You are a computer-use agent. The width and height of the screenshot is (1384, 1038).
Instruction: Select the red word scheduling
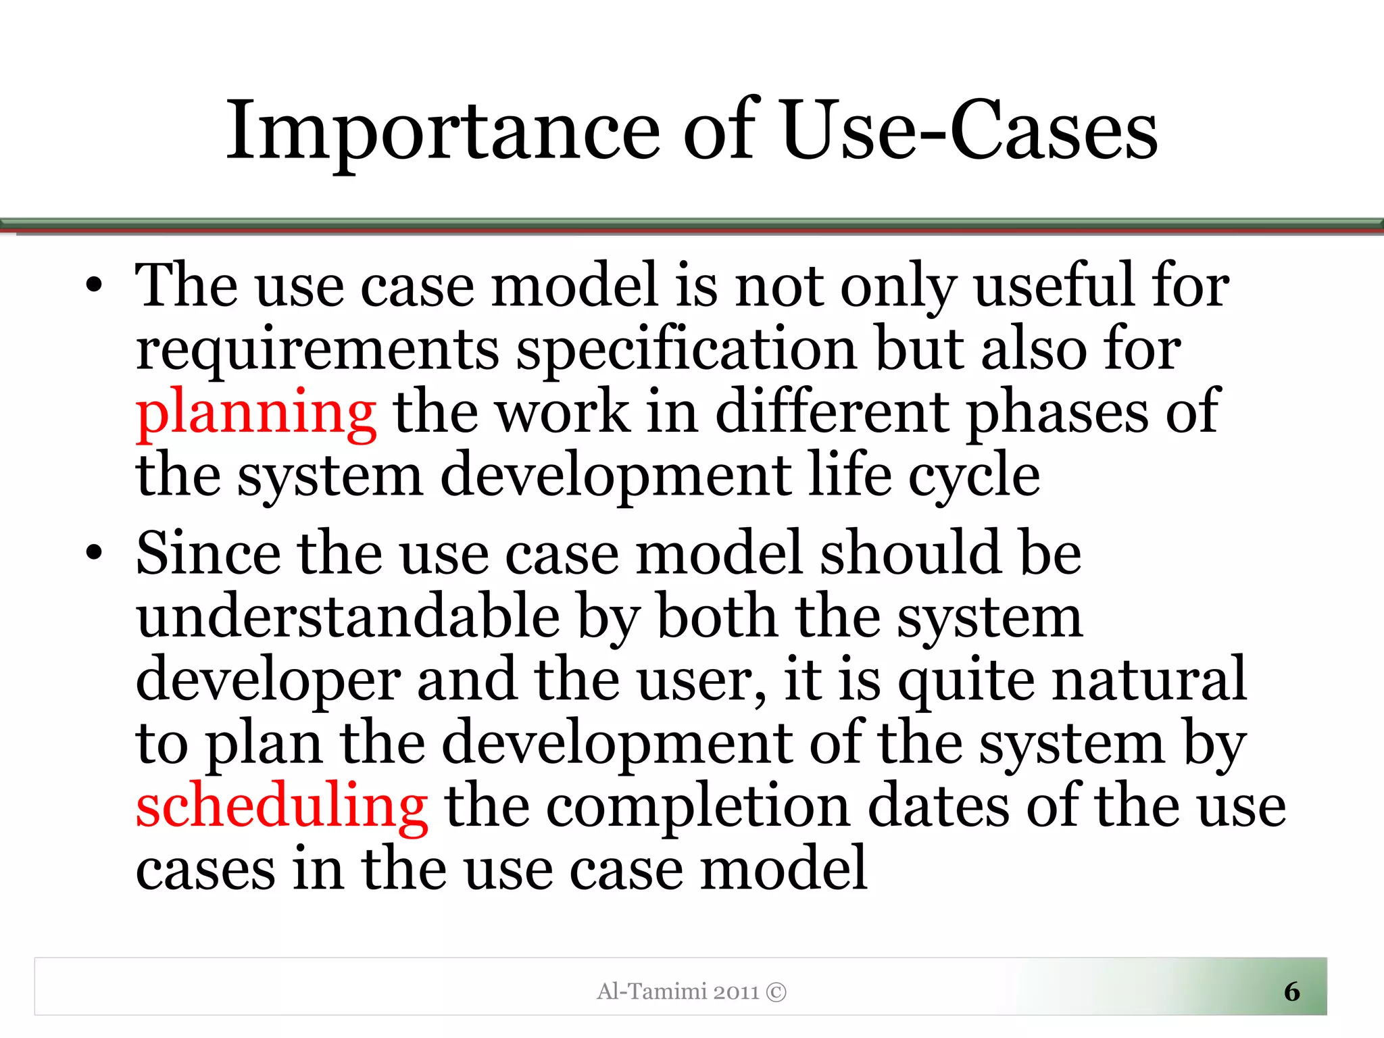pyautogui.click(x=282, y=806)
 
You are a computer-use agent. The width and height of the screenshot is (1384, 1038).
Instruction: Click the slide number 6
pyautogui.click(x=1291, y=991)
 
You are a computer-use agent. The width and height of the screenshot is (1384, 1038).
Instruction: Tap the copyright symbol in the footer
pyautogui.click(x=776, y=992)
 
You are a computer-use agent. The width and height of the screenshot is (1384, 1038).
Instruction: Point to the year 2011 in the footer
pyautogui.click(x=737, y=992)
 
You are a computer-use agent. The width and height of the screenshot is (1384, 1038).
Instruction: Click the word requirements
pyautogui.click(x=318, y=350)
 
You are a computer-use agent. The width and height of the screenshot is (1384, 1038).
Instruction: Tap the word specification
pyautogui.click(x=687, y=350)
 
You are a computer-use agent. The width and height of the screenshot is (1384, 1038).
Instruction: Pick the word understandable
pyautogui.click(x=348, y=616)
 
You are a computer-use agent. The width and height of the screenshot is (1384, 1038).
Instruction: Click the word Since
pyautogui.click(x=207, y=553)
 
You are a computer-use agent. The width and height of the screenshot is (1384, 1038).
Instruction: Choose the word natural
pyautogui.click(x=1149, y=679)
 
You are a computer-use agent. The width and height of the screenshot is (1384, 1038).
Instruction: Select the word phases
pyautogui.click(x=1057, y=414)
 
